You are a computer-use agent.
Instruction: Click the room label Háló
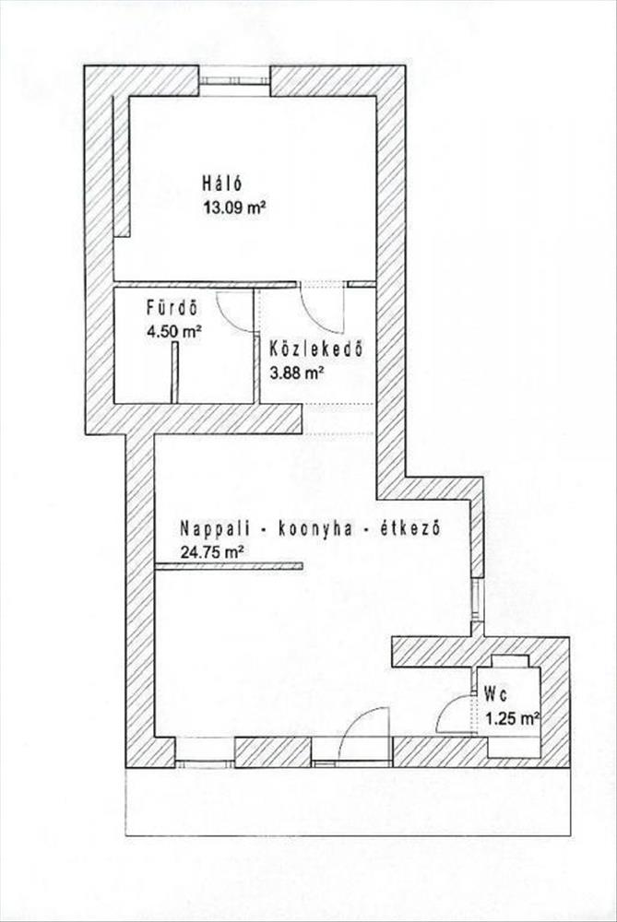pyautogui.click(x=222, y=182)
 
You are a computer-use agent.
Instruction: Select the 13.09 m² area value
pyautogui.click(x=233, y=207)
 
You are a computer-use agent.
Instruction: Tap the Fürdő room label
pyautogui.click(x=172, y=307)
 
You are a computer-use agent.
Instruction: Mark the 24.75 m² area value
pyautogui.click(x=213, y=552)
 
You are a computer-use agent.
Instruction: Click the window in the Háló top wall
pyautogui.click(x=234, y=81)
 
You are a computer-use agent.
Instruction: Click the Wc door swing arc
pyautogui.click(x=453, y=713)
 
